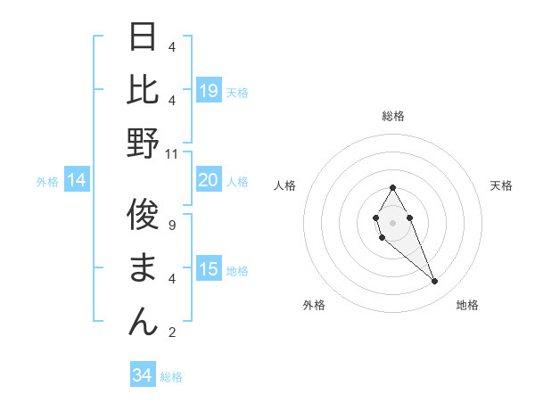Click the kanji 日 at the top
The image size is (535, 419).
point(144,38)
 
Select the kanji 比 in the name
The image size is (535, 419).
point(144,90)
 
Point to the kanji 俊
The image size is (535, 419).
point(144,215)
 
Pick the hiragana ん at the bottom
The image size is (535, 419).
point(144,320)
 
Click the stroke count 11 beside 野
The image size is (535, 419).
point(172,153)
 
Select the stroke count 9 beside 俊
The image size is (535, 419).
point(172,225)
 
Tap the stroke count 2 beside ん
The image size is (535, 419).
point(172,333)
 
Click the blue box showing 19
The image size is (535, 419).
point(209,90)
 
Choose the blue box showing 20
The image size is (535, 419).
point(209,180)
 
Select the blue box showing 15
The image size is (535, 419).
point(209,269)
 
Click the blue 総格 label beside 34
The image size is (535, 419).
point(171,377)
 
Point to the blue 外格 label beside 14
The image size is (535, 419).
point(47,182)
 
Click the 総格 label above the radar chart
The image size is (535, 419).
point(393,116)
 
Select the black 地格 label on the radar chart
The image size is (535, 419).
point(467,305)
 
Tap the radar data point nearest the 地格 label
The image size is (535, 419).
point(434,281)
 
